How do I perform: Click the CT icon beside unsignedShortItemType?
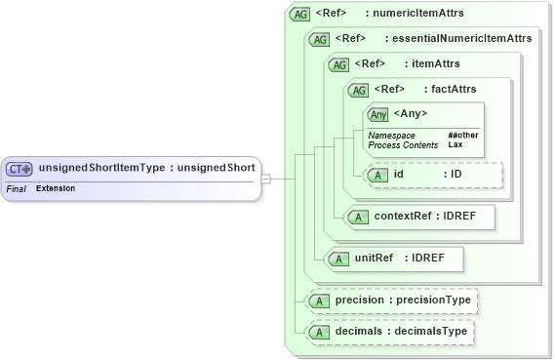[20, 168]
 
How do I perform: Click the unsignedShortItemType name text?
[101, 168]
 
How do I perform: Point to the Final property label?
[16, 187]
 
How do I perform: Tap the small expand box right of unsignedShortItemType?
[265, 179]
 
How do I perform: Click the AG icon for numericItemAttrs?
[300, 15]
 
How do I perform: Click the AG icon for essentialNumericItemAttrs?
[318, 39]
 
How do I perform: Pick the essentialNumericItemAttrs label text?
[461, 39]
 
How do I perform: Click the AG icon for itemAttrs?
[338, 64]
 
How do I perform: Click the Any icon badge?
[377, 114]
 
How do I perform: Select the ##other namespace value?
[462, 135]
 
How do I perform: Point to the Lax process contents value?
[456, 144]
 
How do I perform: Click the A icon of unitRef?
[337, 259]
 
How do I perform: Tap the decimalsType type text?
[435, 333]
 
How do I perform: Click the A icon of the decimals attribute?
[318, 333]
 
